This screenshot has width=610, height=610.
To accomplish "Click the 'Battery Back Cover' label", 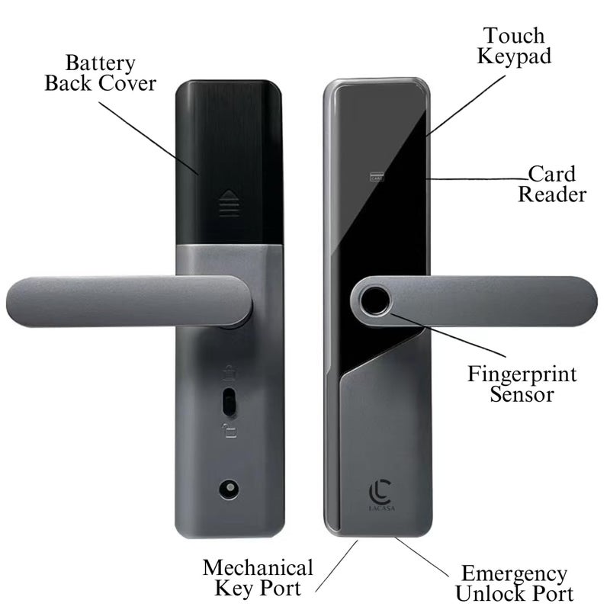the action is (101, 73).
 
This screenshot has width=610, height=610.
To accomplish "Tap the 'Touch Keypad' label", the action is (514, 46).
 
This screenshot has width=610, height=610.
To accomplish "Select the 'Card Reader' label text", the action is (552, 184).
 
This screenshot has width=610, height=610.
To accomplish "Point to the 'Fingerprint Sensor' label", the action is (522, 384).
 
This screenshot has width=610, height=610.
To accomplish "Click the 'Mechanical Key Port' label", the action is (258, 578).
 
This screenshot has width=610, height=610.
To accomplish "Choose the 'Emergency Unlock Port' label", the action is (514, 583).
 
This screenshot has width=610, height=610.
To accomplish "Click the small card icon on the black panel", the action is (377, 176).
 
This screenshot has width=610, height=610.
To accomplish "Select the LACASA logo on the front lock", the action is (380, 495).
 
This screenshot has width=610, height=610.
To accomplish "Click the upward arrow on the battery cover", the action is (229, 203).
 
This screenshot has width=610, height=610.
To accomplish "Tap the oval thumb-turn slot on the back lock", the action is (230, 403).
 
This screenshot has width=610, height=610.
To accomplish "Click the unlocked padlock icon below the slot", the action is (230, 431).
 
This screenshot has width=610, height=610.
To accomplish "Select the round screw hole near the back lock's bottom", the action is (229, 489).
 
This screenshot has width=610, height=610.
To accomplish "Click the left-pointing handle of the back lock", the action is (128, 301).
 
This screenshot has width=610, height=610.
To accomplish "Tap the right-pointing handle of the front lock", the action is (474, 301).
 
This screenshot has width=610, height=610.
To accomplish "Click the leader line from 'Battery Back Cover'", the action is (149, 139).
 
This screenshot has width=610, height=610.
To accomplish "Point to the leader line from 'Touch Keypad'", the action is (465, 105).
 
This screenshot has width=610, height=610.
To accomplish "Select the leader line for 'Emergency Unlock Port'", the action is (422, 557).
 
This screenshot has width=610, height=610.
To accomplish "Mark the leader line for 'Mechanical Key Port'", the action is (336, 566).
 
